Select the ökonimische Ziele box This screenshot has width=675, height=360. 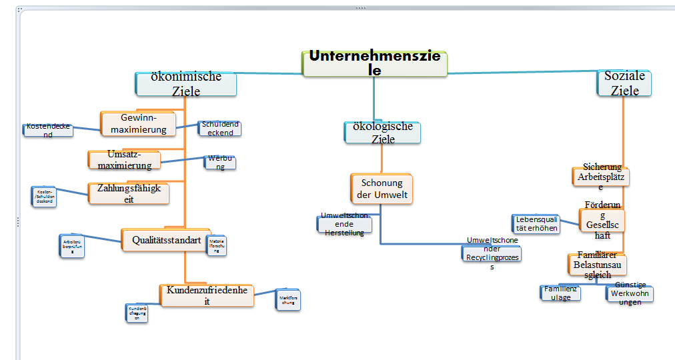[x=186, y=84]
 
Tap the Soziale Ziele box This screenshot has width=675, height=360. [x=624, y=83]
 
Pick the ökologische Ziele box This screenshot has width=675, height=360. [x=383, y=132]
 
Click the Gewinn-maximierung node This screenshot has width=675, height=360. [x=139, y=123]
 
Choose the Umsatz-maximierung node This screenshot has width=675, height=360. [x=125, y=159]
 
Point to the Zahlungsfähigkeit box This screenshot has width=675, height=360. [x=129, y=193]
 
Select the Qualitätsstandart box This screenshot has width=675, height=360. [x=163, y=239]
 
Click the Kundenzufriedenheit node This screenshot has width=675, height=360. [x=207, y=295]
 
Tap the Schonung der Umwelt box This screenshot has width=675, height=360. [x=382, y=188]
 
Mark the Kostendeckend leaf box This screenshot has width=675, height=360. [x=48, y=129]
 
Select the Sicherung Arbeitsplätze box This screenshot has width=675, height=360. [x=601, y=176]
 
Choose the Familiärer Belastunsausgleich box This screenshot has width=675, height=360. [x=597, y=265]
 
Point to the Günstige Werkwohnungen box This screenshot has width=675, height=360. [x=630, y=294]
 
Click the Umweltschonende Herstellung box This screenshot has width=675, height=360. [x=344, y=224]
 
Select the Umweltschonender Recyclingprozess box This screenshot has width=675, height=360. [x=492, y=253]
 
